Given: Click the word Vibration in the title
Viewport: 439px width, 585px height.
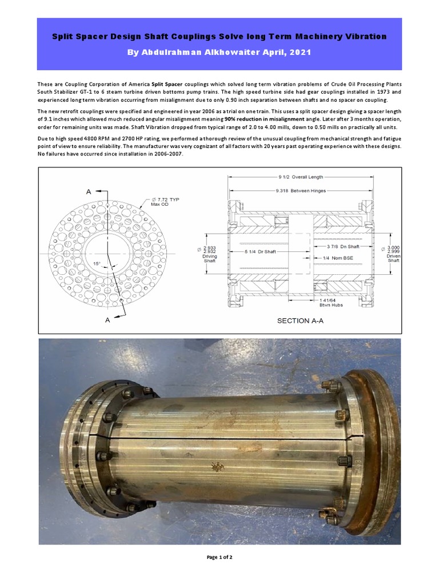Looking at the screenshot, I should tap(364, 36).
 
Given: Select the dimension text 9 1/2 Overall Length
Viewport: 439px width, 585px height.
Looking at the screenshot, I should tap(301, 177).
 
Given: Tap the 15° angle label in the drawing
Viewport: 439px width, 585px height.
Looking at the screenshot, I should tap(97, 263).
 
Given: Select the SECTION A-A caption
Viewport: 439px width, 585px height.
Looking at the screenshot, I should tap(300, 320).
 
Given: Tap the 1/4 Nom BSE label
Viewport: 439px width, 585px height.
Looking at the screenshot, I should tap(339, 258).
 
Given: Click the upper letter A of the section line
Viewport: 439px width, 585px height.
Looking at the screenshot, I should tap(89, 192).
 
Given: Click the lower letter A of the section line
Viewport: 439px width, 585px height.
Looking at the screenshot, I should tap(107, 320).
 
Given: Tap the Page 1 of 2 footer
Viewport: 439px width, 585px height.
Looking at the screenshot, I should tap(219, 557).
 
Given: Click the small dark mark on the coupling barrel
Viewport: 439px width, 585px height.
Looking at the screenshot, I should tap(217, 467).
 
